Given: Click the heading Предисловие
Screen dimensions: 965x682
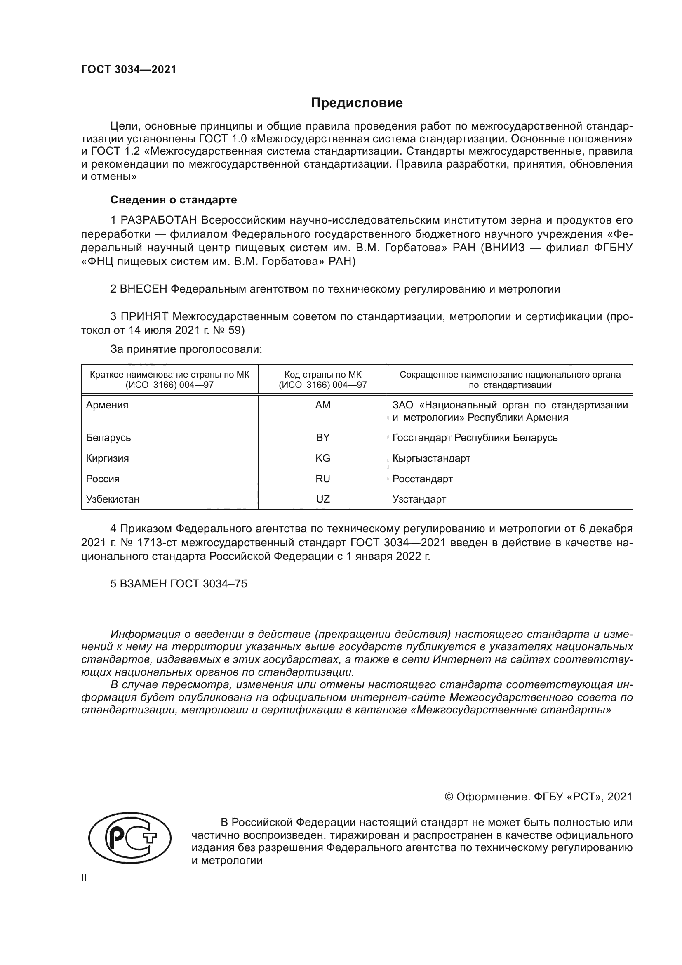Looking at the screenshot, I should (357, 103).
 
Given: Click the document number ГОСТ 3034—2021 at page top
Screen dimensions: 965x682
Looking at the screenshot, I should (129, 70).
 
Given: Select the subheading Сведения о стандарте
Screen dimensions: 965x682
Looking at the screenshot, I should (174, 200).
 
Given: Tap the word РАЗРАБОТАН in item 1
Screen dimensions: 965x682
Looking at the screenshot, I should (159, 220).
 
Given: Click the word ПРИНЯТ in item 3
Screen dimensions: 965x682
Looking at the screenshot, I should (145, 316).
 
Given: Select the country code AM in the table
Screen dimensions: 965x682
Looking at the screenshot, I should (322, 405).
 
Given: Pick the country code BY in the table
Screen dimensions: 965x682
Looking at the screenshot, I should (322, 437).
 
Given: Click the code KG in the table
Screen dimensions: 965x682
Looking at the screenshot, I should (322, 458).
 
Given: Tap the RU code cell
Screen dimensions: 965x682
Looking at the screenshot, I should (322, 479).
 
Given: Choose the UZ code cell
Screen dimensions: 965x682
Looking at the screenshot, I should (322, 499).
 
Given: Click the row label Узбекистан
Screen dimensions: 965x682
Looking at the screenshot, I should (113, 499).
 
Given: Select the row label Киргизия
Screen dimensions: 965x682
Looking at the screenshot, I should (107, 458).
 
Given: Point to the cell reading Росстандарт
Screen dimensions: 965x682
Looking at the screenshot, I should (423, 479).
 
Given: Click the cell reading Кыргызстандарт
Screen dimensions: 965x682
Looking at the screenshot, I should (431, 458).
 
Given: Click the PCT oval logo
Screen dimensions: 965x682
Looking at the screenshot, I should (130, 838).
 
